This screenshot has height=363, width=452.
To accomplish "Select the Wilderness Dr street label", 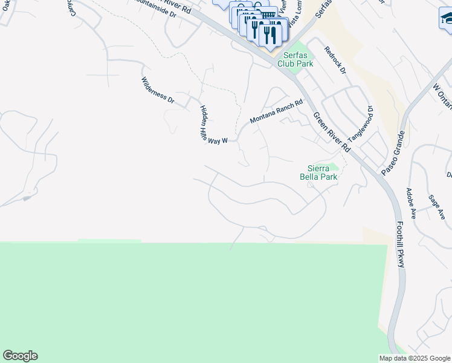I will [x=157, y=91].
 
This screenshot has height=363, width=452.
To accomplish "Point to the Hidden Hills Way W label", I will [x=213, y=124].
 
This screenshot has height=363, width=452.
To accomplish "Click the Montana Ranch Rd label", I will [x=276, y=111].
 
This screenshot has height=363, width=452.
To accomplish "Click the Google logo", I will [x=20, y=356].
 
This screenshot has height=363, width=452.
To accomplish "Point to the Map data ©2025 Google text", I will [x=414, y=358].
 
